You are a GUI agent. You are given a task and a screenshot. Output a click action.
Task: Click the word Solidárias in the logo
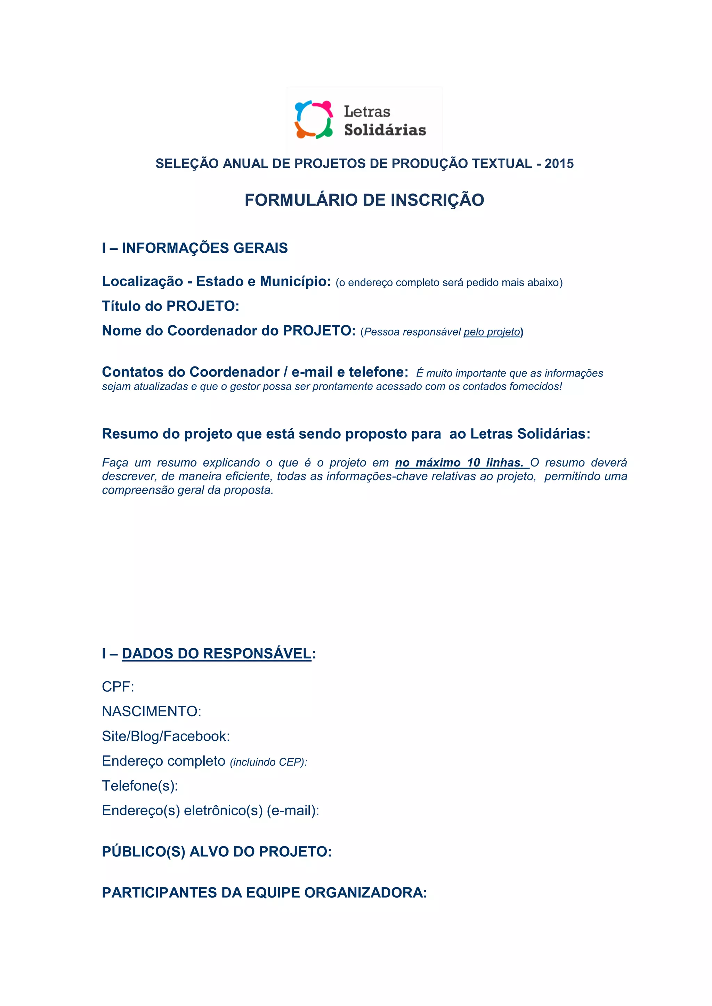tap(385, 130)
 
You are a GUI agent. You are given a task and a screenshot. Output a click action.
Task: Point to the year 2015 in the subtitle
tap(559, 164)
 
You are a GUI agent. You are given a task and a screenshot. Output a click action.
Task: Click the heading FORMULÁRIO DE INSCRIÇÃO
tap(364, 200)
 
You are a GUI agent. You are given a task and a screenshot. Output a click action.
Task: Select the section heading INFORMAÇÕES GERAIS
tap(205, 248)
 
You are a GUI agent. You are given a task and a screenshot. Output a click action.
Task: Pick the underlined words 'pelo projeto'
tap(492, 332)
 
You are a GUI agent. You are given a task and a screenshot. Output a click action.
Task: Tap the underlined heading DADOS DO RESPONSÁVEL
tap(217, 653)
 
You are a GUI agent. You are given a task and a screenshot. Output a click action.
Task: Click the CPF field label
tap(118, 686)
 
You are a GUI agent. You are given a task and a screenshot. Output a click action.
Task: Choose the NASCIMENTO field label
tap(151, 711)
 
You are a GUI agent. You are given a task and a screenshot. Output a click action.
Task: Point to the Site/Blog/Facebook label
tap(166, 736)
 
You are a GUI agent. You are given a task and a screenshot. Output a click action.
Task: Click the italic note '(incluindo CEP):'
tap(268, 762)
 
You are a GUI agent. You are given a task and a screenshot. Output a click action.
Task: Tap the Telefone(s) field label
tap(140, 786)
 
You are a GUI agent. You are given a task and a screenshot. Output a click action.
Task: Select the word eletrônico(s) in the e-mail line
tap(223, 810)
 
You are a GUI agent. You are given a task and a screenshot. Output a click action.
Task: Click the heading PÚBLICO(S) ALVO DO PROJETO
tap(217, 851)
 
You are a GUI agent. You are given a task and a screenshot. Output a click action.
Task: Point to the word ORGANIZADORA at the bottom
tap(365, 892)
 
